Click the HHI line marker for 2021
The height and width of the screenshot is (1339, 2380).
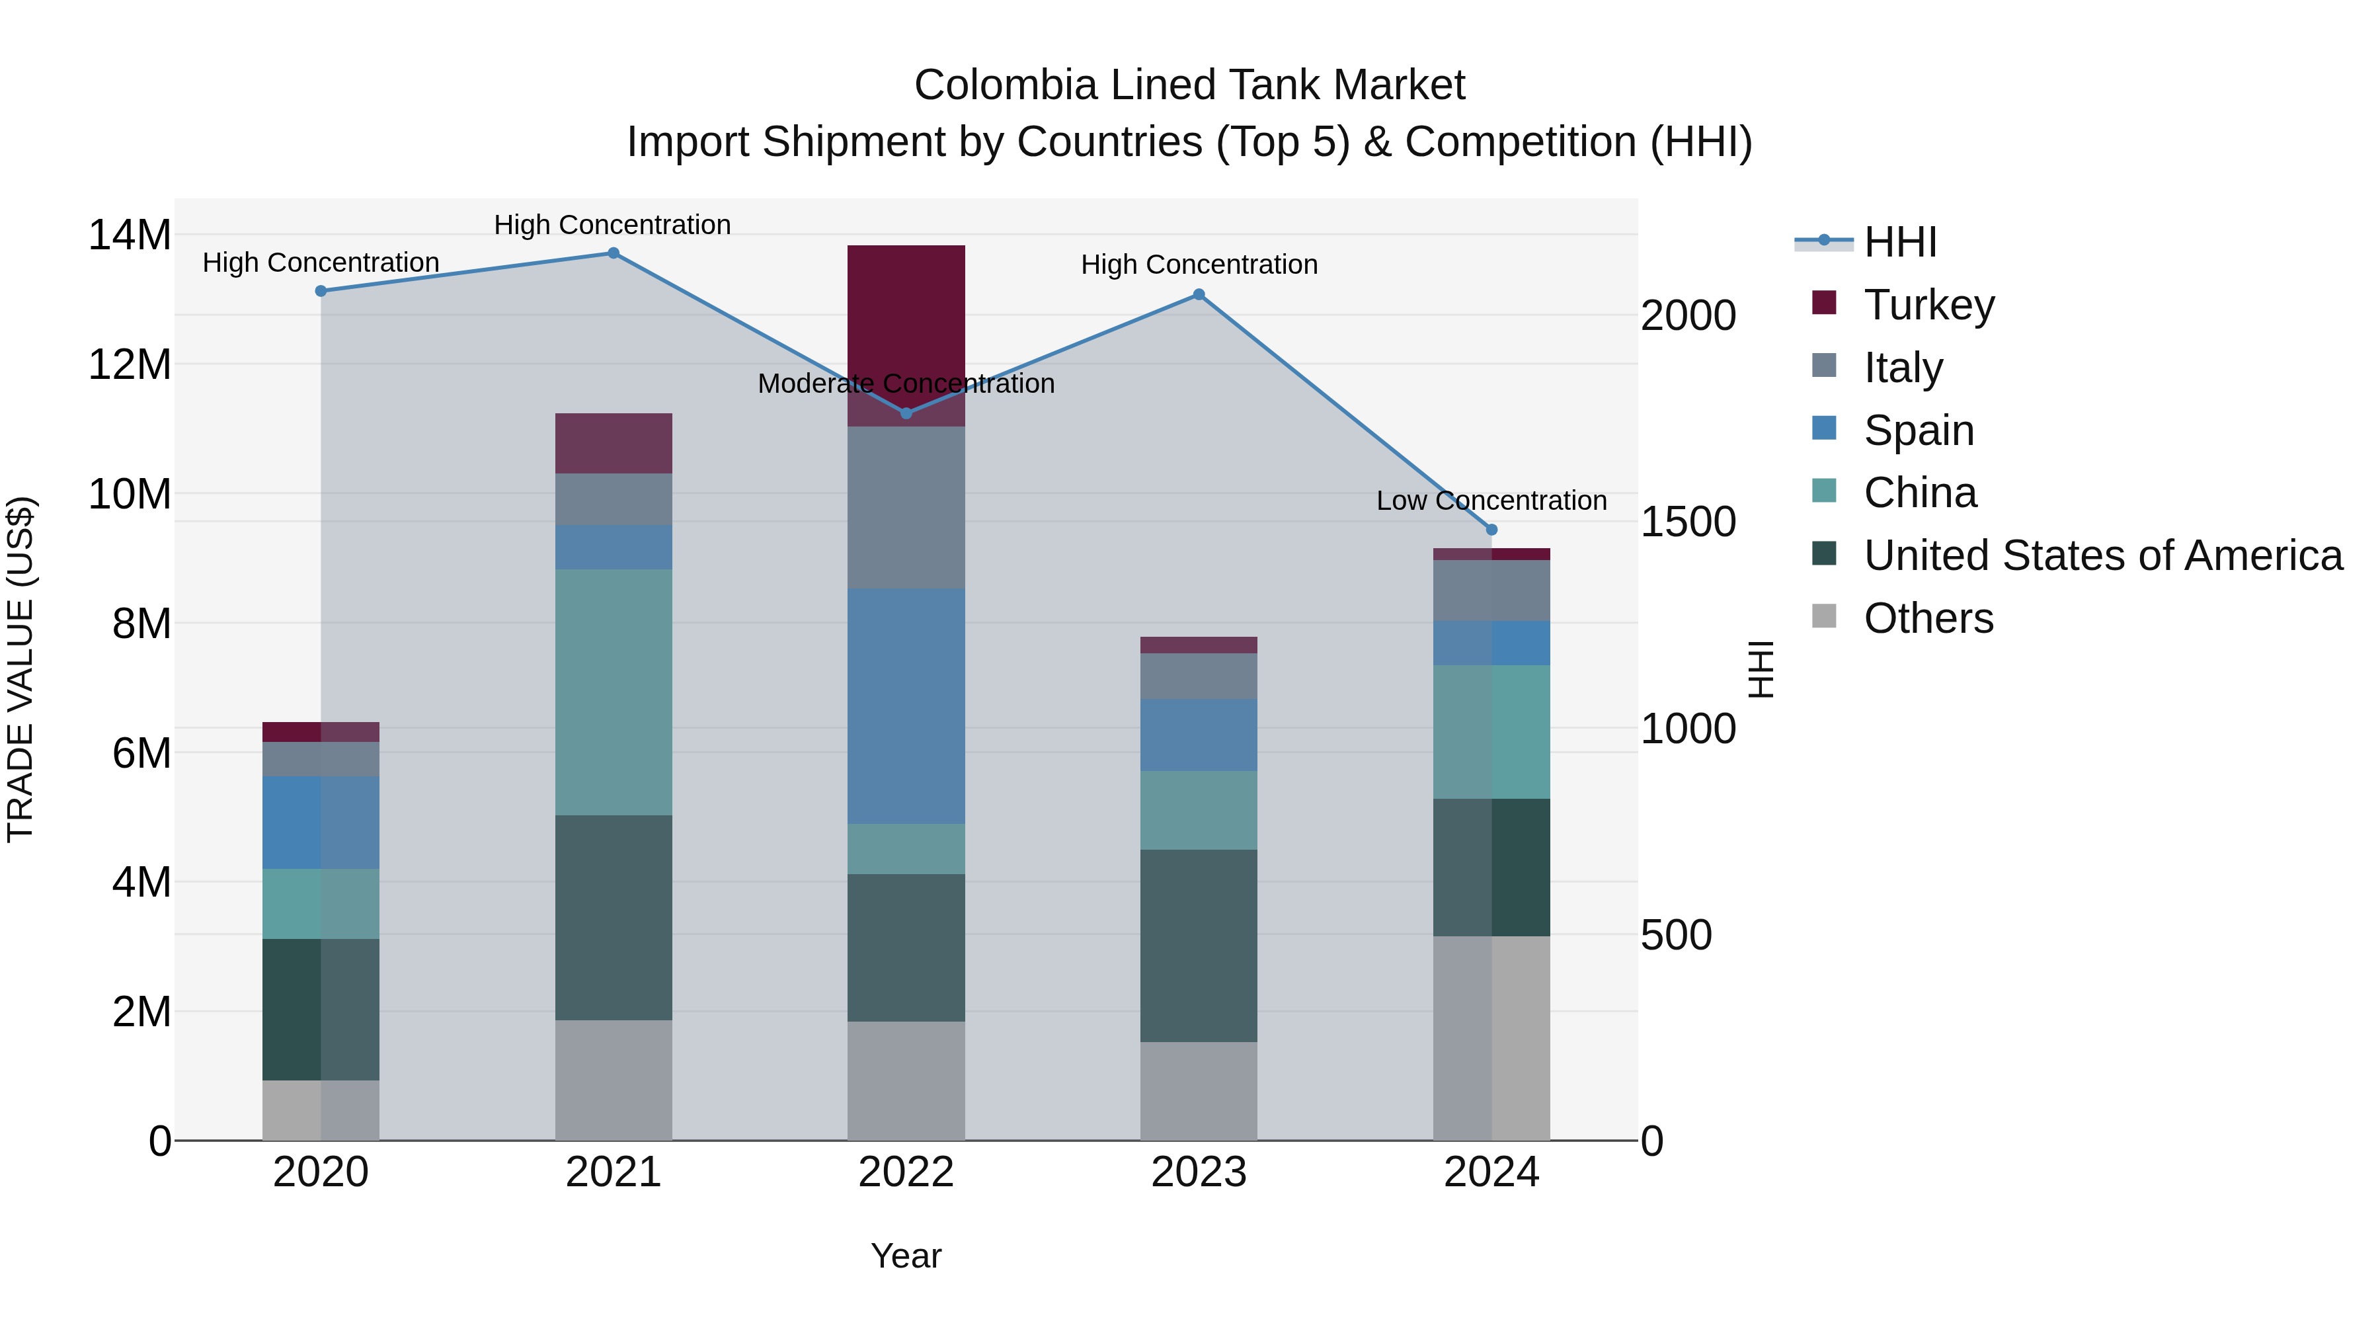click(x=614, y=253)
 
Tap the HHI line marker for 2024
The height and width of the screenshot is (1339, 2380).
click(x=1491, y=530)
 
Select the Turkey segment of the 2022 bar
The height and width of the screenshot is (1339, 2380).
click(x=906, y=314)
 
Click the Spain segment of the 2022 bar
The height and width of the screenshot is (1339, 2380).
click(x=906, y=706)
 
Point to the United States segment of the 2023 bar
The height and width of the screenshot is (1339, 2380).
click(x=1199, y=946)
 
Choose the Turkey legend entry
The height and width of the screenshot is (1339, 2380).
click(x=1928, y=305)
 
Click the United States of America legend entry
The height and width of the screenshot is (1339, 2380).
click(x=2102, y=555)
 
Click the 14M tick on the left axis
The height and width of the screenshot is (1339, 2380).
click(x=130, y=235)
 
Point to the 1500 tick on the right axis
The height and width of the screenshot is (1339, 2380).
click(x=1687, y=522)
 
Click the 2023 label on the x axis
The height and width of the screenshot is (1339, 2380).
click(x=1199, y=1172)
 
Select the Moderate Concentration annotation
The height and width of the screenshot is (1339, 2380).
click(x=906, y=384)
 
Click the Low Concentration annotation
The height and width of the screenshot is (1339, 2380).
click(x=1491, y=501)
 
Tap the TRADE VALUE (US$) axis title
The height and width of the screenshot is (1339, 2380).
click(x=20, y=669)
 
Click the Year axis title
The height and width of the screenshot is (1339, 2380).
click(x=906, y=1256)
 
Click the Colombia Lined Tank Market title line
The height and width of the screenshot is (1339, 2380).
click(x=1189, y=85)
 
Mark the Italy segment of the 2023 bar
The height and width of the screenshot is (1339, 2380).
click(x=1199, y=676)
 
